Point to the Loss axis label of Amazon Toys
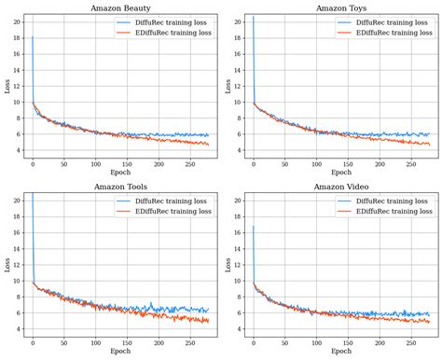tap(227, 86)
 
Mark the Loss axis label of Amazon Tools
tap(7, 265)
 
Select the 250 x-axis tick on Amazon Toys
tap(411, 163)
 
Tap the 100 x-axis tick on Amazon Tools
tap(95, 342)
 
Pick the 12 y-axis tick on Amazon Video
tap(240, 264)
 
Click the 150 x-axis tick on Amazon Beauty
tap(127, 163)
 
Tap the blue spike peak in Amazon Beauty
tap(32, 35)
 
